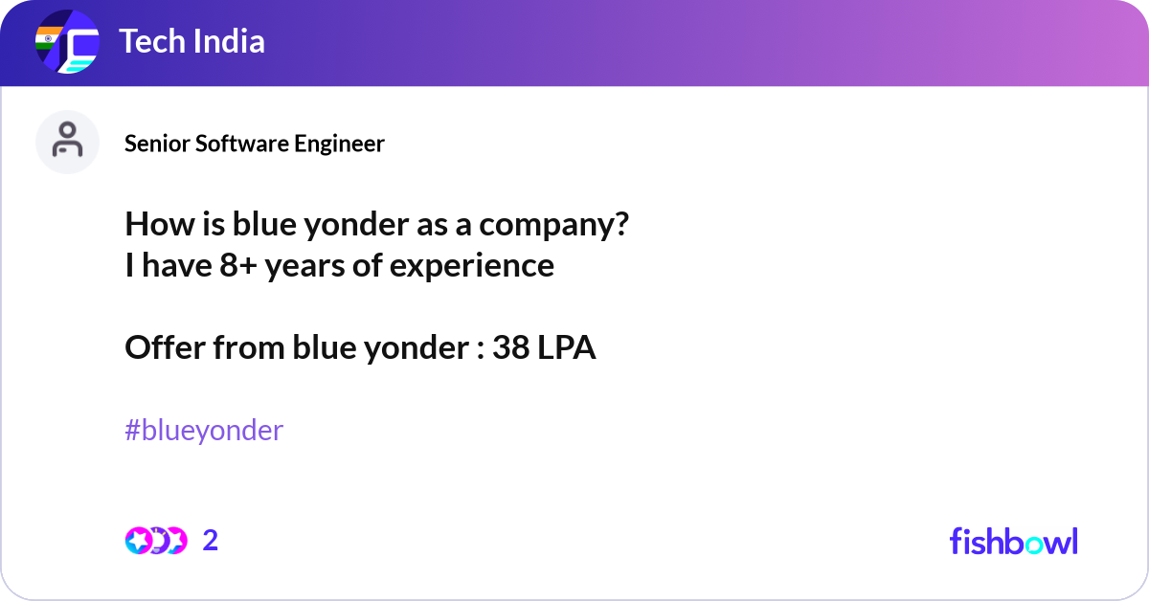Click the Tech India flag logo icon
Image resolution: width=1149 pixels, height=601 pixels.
tap(67, 43)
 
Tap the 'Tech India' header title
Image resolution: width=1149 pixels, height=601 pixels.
tap(191, 41)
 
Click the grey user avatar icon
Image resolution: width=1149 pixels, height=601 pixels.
tap(67, 142)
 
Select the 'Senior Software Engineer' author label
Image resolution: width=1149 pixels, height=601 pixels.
tap(255, 144)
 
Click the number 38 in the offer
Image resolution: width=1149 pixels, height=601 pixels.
tap(510, 348)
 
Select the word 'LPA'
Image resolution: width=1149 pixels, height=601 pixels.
tap(566, 348)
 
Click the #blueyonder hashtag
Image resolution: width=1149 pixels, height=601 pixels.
tap(204, 431)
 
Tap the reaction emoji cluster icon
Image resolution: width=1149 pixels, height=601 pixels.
tap(155, 541)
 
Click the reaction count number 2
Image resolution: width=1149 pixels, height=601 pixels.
tap(211, 541)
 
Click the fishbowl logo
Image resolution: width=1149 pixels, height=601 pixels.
tap(1013, 541)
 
